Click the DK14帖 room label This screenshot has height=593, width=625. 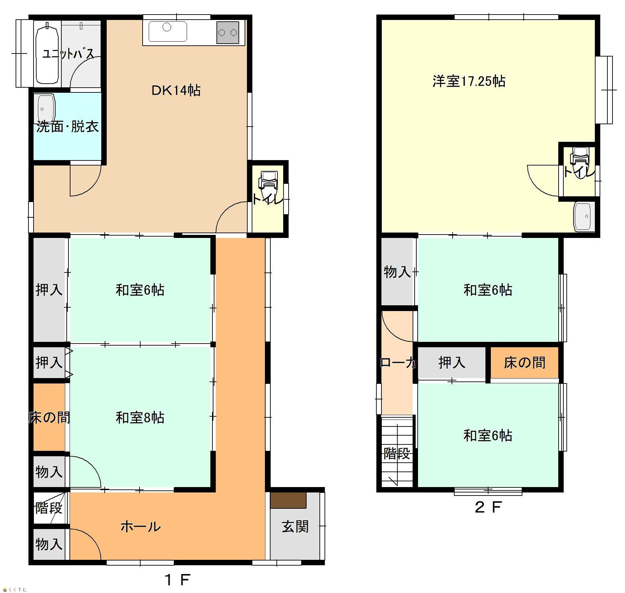pyautogui.click(x=176, y=90)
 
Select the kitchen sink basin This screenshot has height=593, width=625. pyautogui.click(x=168, y=31)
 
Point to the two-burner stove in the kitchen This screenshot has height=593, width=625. pyautogui.click(x=228, y=32)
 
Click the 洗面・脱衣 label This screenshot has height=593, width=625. pyautogui.click(x=67, y=126)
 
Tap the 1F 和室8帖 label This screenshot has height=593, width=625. pyautogui.click(x=140, y=417)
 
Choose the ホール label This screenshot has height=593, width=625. pyautogui.click(x=141, y=526)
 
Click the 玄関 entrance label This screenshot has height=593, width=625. pyautogui.click(x=295, y=527)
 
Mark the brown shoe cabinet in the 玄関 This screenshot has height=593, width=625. pyautogui.click(x=288, y=500)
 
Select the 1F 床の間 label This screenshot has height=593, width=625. pyautogui.click(x=49, y=417)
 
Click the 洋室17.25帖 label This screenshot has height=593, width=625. pyautogui.click(x=469, y=81)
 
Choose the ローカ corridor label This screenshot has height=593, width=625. pyautogui.click(x=398, y=363)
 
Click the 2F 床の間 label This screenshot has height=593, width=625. pyautogui.click(x=524, y=363)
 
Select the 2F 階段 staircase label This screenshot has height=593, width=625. pyautogui.click(x=397, y=453)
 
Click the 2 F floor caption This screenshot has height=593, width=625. pyautogui.click(x=488, y=507)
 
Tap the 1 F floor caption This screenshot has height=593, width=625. pyautogui.click(x=177, y=580)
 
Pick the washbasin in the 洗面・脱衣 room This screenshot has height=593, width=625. pyautogui.click(x=46, y=108)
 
